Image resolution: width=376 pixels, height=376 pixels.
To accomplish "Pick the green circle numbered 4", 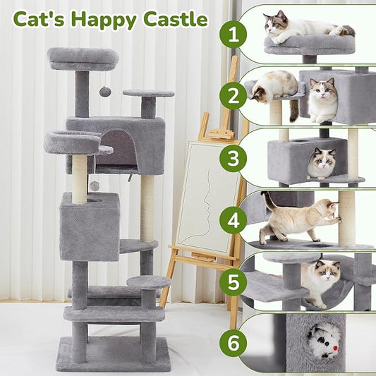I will [233, 219].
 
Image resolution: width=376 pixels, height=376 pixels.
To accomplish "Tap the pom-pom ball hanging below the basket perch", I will [93, 186].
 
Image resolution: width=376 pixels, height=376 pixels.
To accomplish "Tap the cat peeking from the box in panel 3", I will [322, 163].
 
